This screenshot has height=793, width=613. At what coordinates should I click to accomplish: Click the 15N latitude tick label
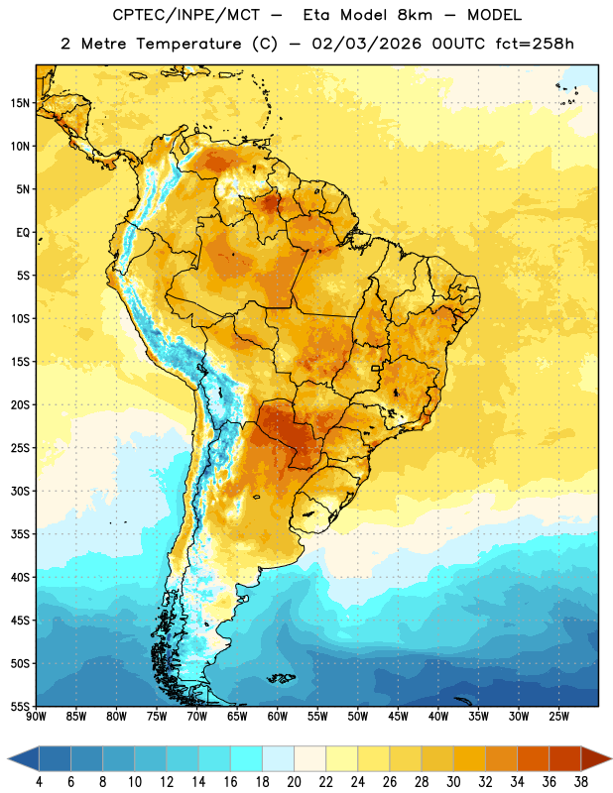coord(20,103)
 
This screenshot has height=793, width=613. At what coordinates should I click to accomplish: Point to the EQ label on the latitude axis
coord(23,233)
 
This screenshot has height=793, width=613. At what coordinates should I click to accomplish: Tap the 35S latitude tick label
coord(20,534)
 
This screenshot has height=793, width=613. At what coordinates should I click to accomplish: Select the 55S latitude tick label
coord(20,706)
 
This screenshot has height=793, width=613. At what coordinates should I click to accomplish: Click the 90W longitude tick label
coord(36,717)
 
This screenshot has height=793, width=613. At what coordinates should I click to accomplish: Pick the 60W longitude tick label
coord(278,717)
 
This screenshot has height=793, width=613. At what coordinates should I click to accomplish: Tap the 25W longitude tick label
coord(558,717)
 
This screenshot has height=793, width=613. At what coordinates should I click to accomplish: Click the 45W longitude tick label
coord(398,717)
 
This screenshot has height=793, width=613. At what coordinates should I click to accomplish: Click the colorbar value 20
coord(294,782)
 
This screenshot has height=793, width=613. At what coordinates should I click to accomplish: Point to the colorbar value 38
coord(580,782)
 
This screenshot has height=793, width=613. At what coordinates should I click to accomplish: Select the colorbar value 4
coord(39,782)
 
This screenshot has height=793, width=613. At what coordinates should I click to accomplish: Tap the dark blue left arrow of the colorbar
coord(23,759)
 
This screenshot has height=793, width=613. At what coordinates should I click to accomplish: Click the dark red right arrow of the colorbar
coord(596,759)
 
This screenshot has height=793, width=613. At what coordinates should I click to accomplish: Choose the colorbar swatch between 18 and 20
coord(278,759)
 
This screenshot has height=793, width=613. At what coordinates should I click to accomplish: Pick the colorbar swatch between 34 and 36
coord(533,759)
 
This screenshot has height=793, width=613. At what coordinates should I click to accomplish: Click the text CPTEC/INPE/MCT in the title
coord(186,16)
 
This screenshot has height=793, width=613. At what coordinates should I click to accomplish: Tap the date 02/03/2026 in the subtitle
coord(366,44)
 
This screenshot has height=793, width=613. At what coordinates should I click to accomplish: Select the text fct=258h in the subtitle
coord(535,44)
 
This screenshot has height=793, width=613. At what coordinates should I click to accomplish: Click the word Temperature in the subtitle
coord(188,44)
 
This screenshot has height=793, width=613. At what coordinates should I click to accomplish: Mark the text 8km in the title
coord(415,15)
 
